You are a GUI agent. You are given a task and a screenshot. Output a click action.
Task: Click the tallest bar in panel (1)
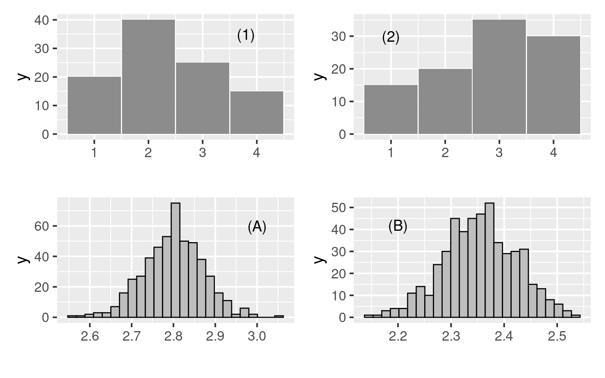[x=148, y=77]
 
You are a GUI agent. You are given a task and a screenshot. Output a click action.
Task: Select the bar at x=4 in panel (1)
[x=256, y=113]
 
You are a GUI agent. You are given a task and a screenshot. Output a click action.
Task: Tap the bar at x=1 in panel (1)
[x=94, y=105]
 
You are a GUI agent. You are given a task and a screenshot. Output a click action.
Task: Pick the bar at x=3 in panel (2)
[x=499, y=77]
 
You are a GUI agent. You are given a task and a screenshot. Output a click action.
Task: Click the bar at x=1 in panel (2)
[x=391, y=109]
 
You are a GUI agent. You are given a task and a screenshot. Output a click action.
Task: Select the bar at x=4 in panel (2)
[x=553, y=85]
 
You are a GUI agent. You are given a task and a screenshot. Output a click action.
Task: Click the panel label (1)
[x=246, y=36]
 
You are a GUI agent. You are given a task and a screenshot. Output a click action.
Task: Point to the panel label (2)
[x=391, y=37]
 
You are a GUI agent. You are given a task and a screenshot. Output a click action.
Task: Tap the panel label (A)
[x=257, y=227]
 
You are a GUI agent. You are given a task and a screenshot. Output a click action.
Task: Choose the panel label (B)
[x=398, y=226]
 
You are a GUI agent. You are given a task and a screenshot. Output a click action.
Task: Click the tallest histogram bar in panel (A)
[x=175, y=260]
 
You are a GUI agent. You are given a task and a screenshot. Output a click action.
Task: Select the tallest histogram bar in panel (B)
[x=489, y=260]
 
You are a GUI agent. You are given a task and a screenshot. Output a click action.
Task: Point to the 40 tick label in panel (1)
[x=41, y=20]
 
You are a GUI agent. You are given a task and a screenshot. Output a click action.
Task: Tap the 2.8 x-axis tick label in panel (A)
[x=173, y=336]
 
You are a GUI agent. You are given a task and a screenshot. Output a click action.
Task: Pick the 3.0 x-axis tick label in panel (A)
[x=257, y=336]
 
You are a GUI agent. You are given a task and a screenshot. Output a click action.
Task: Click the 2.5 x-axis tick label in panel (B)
[x=557, y=336]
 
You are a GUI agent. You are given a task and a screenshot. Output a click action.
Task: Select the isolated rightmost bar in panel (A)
[x=279, y=316]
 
